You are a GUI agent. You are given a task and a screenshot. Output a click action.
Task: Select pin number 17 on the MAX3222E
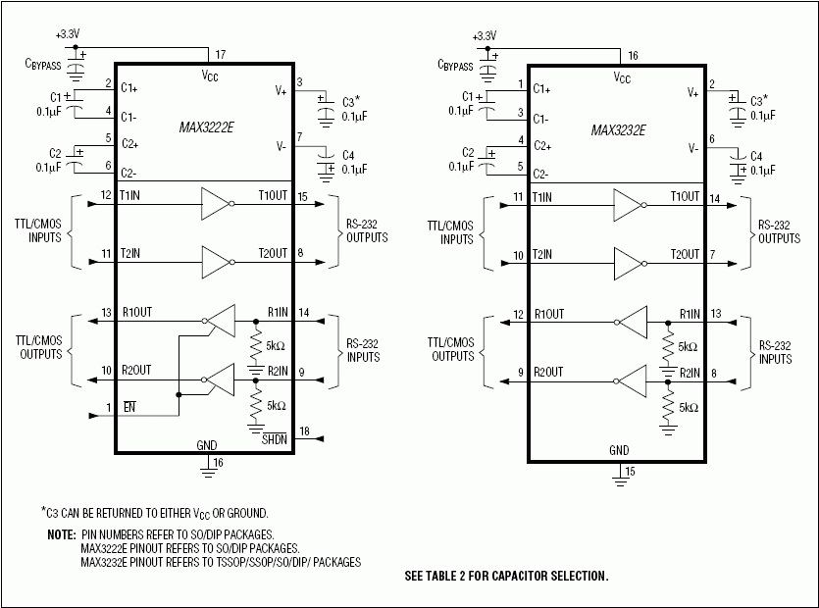[220, 55]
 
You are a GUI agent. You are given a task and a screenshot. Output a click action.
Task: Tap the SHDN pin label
[274, 439]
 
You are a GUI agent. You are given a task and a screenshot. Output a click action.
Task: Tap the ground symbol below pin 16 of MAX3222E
[208, 474]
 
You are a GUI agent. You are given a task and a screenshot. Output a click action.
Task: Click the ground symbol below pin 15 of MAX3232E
[620, 478]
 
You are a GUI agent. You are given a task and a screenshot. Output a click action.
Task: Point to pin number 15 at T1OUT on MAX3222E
[303, 197]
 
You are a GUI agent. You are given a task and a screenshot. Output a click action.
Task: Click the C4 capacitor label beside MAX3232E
[755, 156]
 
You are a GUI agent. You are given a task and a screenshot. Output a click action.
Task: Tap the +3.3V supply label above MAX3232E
[485, 35]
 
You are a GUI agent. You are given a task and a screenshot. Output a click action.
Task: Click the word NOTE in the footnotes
[61, 534]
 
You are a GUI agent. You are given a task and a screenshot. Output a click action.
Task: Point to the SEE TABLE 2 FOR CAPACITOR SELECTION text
[506, 576]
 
